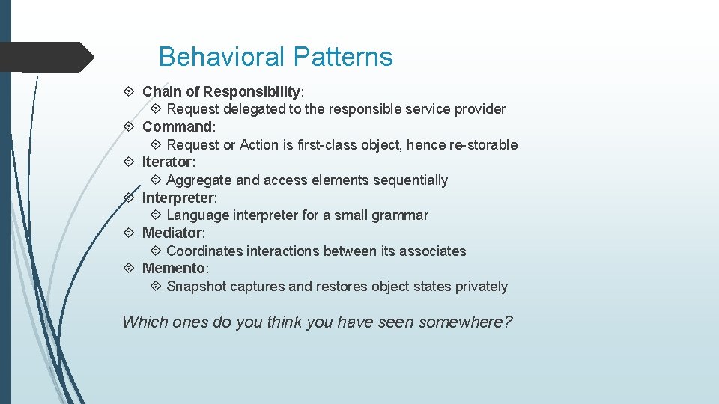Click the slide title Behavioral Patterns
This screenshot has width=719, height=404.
[x=275, y=57]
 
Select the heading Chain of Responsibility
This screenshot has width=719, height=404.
[x=221, y=91]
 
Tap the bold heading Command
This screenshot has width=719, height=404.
[x=178, y=126]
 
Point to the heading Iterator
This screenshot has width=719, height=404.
[x=167, y=162]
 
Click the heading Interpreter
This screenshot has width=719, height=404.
[x=178, y=198]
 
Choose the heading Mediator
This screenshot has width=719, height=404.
[x=172, y=233]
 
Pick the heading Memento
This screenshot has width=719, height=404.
[x=174, y=268]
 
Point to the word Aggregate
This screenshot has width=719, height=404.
[x=198, y=180]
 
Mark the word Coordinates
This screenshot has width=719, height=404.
[x=204, y=251]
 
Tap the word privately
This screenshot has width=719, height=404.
[x=479, y=287]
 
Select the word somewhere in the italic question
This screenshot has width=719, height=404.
[x=465, y=322]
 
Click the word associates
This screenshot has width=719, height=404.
[x=432, y=251]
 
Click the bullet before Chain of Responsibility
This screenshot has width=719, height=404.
[x=128, y=91]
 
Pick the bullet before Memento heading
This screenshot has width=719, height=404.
[x=128, y=268]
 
